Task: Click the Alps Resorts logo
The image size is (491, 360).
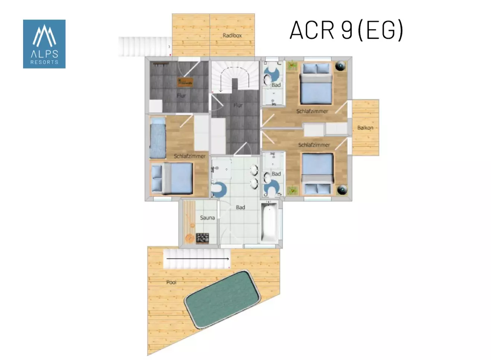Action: tap(44, 44)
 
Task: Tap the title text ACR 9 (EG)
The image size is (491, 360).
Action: tap(346, 30)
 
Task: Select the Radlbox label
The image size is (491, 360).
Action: tap(232, 35)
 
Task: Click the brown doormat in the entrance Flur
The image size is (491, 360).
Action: tap(185, 82)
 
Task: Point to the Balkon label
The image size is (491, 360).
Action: tap(365, 127)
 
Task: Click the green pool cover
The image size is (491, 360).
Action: tap(222, 300)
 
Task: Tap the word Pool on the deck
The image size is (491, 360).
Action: tap(171, 282)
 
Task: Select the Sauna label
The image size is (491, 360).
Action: tap(208, 218)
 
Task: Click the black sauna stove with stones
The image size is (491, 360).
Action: tap(202, 239)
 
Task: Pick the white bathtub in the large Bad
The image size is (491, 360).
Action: tap(270, 223)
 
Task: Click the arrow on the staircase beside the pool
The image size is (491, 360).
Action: tap(198, 259)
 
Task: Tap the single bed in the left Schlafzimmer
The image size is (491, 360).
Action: tap(158, 138)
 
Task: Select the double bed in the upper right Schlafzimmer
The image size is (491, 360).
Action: tap(316, 83)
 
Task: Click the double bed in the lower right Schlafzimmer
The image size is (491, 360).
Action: tap(318, 174)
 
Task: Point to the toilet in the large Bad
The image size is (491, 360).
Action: tap(219, 189)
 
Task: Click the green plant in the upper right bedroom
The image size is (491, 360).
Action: tap(292, 65)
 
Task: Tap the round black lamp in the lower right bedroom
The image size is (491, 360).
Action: tap(342, 190)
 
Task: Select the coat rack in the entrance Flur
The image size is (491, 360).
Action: tap(161, 64)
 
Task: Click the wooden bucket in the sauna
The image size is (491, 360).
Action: tap(190, 238)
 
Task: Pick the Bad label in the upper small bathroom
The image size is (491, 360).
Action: tap(276, 85)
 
